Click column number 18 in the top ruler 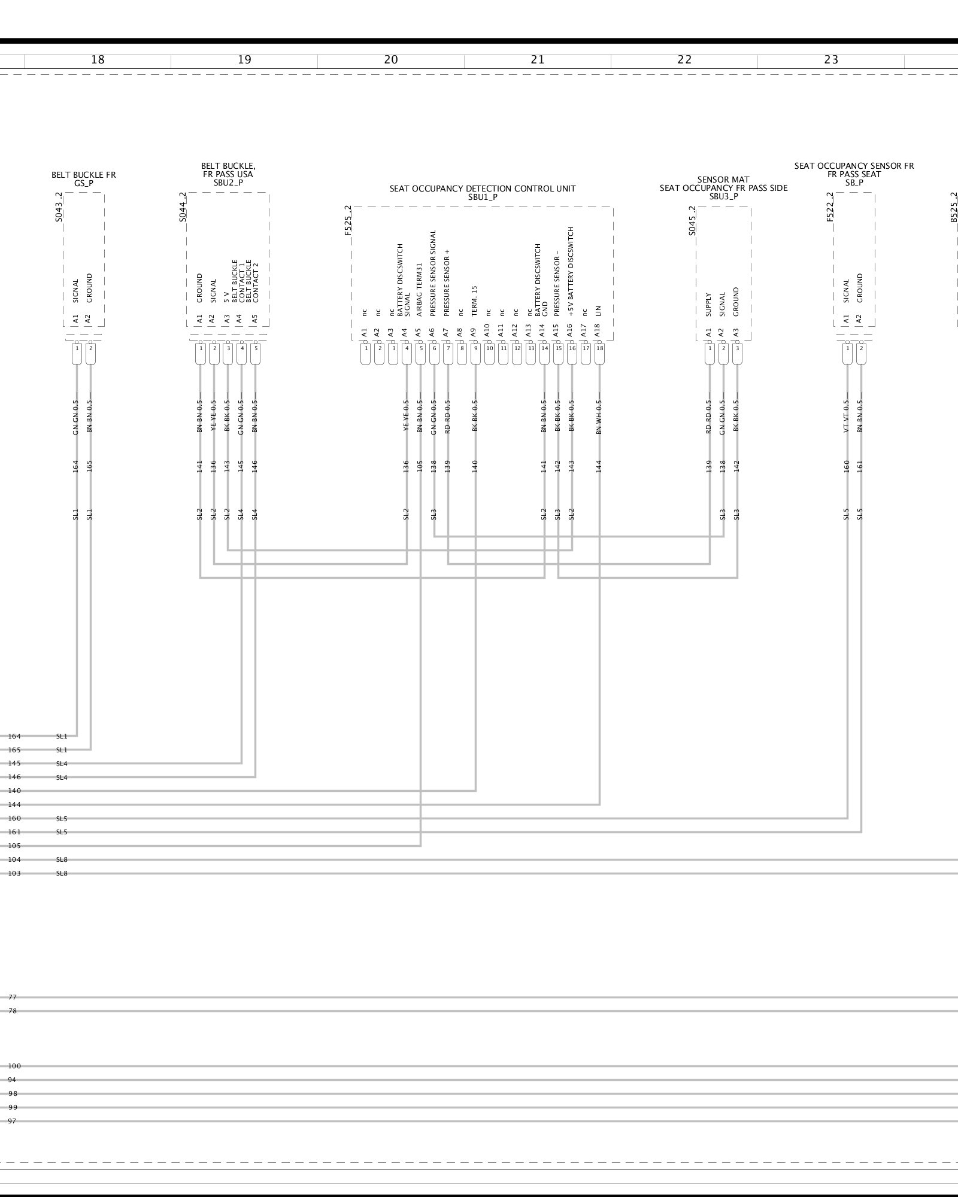click(98, 60)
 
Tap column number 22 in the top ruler click(684, 60)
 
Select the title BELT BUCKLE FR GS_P click(84, 179)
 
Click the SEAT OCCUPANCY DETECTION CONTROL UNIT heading click(483, 189)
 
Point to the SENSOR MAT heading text click(723, 180)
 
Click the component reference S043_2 click(59, 207)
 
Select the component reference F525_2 click(348, 220)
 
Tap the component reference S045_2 click(692, 221)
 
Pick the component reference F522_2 click(830, 207)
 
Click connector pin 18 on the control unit click(599, 348)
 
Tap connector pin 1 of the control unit click(365, 348)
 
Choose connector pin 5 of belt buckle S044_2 click(256, 348)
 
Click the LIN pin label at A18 click(598, 311)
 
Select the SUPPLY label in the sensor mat click(709, 305)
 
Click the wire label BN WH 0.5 click(599, 417)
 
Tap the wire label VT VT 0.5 click(847, 417)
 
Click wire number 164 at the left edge click(14, 736)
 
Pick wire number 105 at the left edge click(14, 846)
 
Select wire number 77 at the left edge click(13, 997)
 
